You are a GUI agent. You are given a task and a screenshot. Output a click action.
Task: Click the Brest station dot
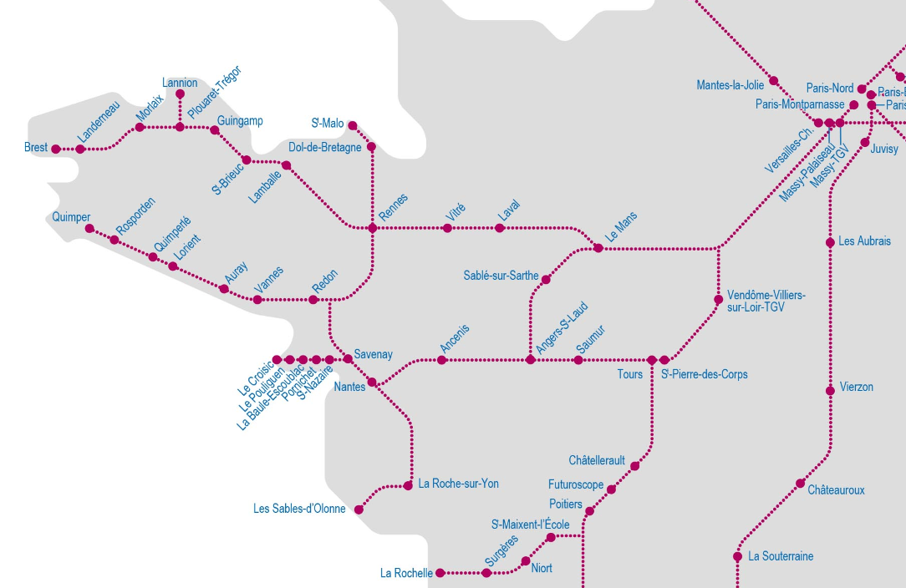click(56, 150)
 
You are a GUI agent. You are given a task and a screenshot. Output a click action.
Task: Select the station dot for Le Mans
click(598, 248)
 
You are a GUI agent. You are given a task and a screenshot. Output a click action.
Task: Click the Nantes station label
click(349, 387)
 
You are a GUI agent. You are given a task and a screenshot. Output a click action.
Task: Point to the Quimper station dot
click(90, 229)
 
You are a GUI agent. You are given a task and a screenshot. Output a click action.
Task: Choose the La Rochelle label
click(406, 573)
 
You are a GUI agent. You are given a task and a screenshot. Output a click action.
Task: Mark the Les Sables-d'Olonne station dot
click(359, 509)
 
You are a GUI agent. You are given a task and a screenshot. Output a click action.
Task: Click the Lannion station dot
click(180, 94)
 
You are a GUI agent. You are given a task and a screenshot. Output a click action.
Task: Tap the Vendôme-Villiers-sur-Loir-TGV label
click(766, 302)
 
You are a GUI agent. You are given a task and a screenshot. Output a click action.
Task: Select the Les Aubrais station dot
click(830, 242)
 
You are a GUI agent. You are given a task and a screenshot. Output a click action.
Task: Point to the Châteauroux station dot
click(800, 484)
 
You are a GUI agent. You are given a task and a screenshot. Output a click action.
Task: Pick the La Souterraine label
click(781, 556)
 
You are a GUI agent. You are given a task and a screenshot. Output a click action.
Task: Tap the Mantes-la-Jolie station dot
click(774, 81)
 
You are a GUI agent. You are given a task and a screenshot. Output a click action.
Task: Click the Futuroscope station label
click(576, 484)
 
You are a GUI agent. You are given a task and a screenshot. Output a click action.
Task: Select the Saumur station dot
click(578, 360)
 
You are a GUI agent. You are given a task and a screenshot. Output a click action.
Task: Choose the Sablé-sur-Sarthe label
click(501, 276)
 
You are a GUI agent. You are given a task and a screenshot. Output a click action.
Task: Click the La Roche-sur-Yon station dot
click(409, 485)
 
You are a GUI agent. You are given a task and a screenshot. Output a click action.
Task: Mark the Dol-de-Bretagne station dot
click(372, 147)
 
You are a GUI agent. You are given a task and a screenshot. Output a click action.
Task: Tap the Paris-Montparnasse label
click(800, 104)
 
